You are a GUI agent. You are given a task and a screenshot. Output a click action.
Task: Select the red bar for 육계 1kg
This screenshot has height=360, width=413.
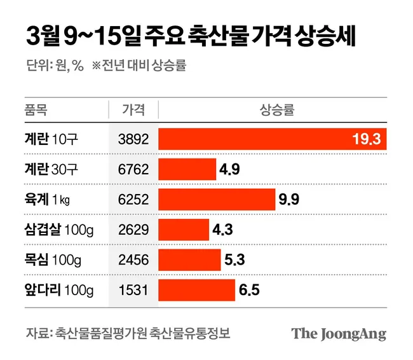click(217, 199)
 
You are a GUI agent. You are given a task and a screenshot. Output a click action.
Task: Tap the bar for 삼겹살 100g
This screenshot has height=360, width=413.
click(184, 230)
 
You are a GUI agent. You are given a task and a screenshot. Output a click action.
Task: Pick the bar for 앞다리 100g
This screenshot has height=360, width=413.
click(198, 290)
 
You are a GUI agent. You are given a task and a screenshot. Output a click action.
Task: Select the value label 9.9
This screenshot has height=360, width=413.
click(288, 200)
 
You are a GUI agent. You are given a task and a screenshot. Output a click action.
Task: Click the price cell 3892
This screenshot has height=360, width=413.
click(133, 139)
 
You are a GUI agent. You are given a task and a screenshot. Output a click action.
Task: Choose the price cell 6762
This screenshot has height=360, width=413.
click(133, 169)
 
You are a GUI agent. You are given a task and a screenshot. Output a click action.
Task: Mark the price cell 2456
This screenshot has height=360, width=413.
click(133, 260)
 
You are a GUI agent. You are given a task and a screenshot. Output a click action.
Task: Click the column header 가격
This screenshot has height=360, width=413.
click(133, 109)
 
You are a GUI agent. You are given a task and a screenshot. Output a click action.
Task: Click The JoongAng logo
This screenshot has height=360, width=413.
click(339, 334)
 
